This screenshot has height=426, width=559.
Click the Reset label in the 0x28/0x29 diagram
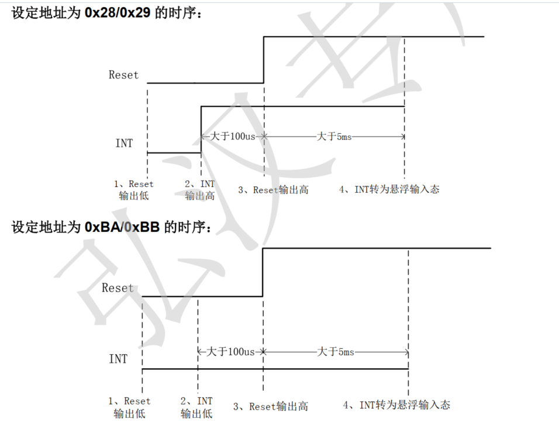coord(123,75)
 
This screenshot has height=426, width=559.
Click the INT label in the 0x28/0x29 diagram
coord(123,143)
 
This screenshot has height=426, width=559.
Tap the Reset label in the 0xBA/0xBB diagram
coord(118,288)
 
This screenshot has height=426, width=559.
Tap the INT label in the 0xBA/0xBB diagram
coord(118,359)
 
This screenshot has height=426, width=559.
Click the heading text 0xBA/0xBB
coord(122,227)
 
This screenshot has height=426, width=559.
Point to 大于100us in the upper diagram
coord(233,137)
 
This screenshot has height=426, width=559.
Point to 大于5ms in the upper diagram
coord(334,137)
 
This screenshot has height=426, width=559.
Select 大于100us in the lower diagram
coord(232,352)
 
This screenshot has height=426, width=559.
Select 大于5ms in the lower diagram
coord(335,352)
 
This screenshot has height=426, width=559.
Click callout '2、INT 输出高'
coord(200,190)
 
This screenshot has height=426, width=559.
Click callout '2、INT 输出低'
coord(196,407)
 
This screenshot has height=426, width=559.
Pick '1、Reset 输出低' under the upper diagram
coord(134,190)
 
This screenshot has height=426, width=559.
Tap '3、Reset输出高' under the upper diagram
coord(273,190)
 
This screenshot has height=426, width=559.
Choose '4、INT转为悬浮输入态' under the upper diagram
coord(389,189)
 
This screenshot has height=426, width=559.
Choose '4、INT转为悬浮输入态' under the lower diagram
coord(396,405)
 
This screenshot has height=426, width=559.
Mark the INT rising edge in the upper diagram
coord(201,129)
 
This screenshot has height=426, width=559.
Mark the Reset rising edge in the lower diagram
coord(263,272)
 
